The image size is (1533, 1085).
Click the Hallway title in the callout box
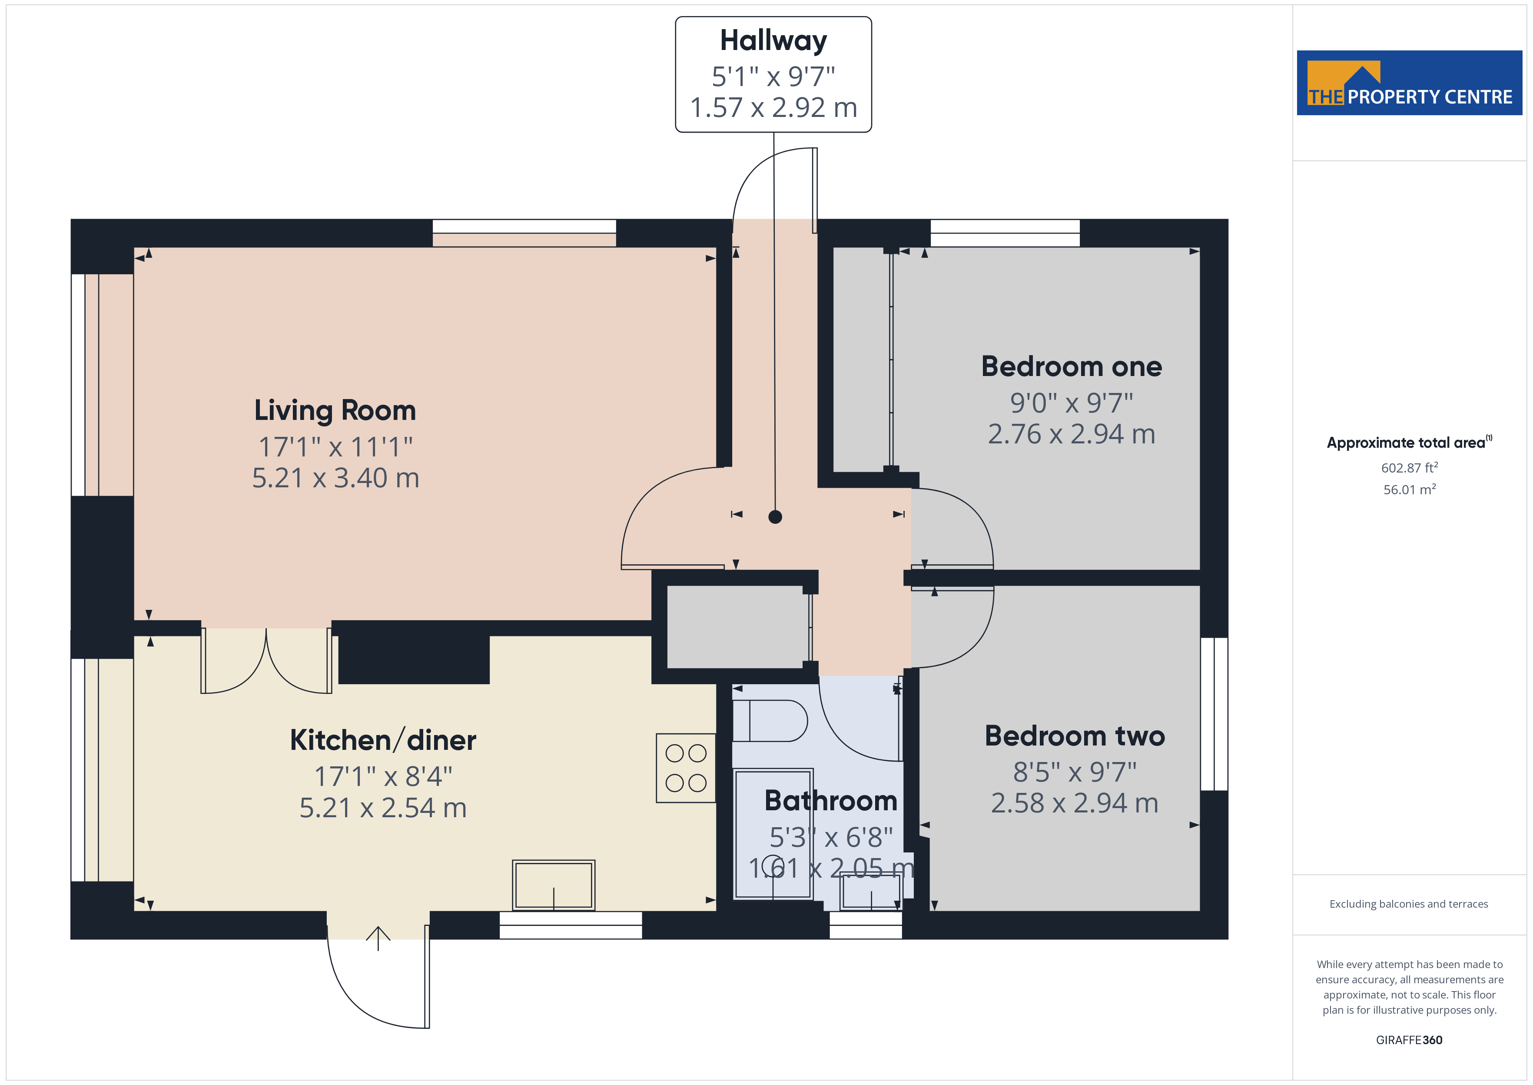(x=773, y=41)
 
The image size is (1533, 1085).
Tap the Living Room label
(x=335, y=410)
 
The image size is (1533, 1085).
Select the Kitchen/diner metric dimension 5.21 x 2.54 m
(x=382, y=808)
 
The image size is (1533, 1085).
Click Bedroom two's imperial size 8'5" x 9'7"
(x=1074, y=772)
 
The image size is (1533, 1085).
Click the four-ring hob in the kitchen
(x=686, y=768)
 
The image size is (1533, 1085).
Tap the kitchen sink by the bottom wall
(x=554, y=885)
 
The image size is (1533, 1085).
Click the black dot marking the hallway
(x=774, y=516)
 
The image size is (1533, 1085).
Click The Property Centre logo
(x=1409, y=83)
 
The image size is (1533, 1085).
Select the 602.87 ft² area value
(x=1409, y=468)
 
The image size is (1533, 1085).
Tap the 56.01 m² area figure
(x=1409, y=490)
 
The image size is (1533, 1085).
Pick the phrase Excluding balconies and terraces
(x=1408, y=904)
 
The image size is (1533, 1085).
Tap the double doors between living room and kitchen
(x=266, y=660)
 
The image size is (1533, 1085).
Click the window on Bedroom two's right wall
(x=1214, y=713)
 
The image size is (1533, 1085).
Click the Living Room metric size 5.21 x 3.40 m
(x=335, y=478)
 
